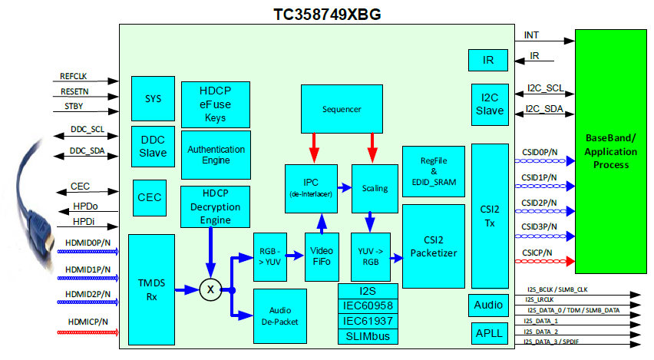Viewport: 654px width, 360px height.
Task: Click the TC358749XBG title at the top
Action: [x=327, y=14]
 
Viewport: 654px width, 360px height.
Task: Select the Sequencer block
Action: [x=342, y=109]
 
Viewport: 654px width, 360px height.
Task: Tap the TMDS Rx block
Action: [x=151, y=289]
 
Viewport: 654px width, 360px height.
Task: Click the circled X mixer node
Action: [x=209, y=289]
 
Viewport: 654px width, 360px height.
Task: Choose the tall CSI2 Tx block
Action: [x=489, y=216]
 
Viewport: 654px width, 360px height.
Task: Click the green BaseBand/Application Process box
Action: [x=610, y=151]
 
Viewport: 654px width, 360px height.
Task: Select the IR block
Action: [x=488, y=59]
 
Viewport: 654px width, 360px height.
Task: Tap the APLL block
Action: [x=488, y=333]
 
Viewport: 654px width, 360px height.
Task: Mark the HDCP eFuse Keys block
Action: [x=215, y=101]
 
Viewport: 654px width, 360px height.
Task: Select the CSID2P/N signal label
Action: [x=539, y=203]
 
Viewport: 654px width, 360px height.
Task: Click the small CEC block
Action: [x=148, y=197]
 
